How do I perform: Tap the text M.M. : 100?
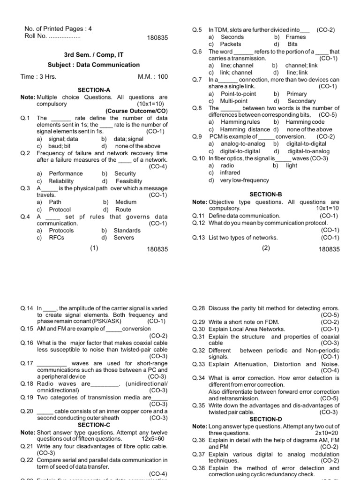click(x=152, y=76)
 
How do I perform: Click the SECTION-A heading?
click(x=94, y=90)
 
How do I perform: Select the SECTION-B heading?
click(x=266, y=194)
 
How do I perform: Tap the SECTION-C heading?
click(x=94, y=425)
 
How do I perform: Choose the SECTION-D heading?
click(x=266, y=419)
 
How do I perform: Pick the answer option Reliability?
click(x=61, y=181)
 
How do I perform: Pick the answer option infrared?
click(x=230, y=172)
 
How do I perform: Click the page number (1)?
click(x=94, y=248)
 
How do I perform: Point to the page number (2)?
click(x=266, y=248)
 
